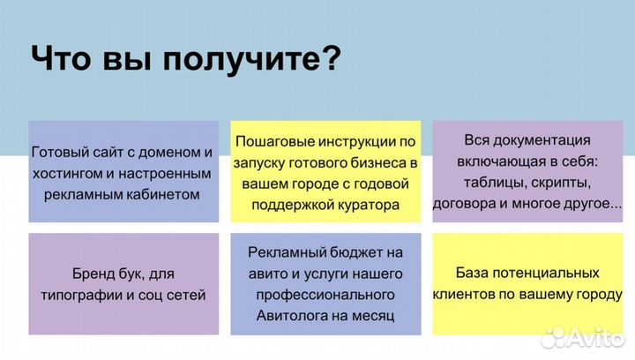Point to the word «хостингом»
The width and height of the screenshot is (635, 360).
70,172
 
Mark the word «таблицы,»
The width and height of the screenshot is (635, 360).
496,183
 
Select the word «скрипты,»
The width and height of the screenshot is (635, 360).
561,183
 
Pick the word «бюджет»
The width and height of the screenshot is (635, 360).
354,251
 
